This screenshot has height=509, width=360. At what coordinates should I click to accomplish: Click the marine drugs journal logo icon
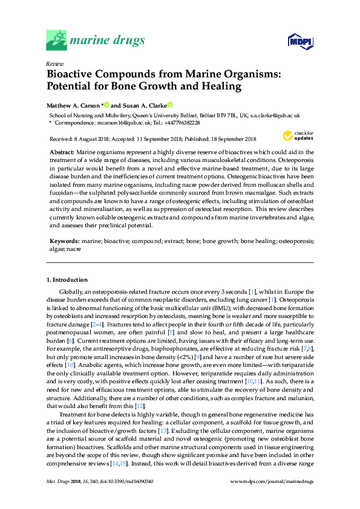[57, 40]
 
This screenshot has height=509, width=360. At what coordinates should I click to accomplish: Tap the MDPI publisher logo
[301, 41]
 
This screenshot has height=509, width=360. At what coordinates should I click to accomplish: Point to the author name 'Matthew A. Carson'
[73, 104]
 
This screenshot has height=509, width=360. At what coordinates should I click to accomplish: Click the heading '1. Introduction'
[67, 280]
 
